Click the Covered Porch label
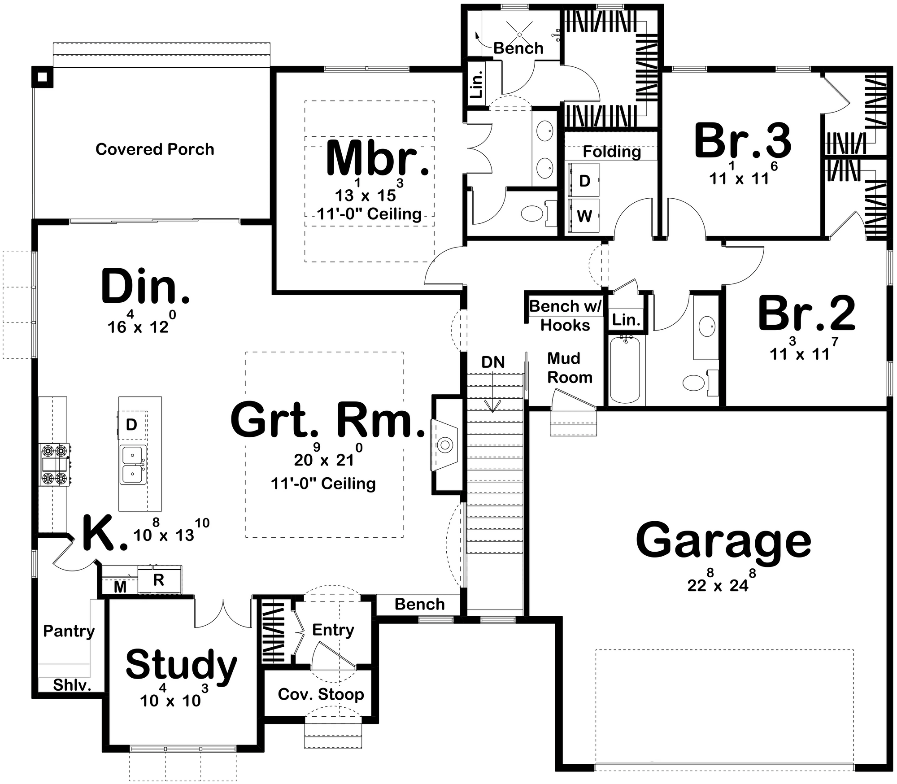(155, 149)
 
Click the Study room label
(181, 666)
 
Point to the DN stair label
(493, 362)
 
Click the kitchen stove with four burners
(56, 464)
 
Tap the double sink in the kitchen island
(133, 465)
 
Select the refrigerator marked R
(159, 580)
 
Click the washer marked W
(583, 216)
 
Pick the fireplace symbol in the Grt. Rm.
(445, 445)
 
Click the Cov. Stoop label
(321, 694)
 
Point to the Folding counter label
(612, 152)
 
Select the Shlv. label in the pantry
(72, 685)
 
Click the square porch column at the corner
(42, 77)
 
